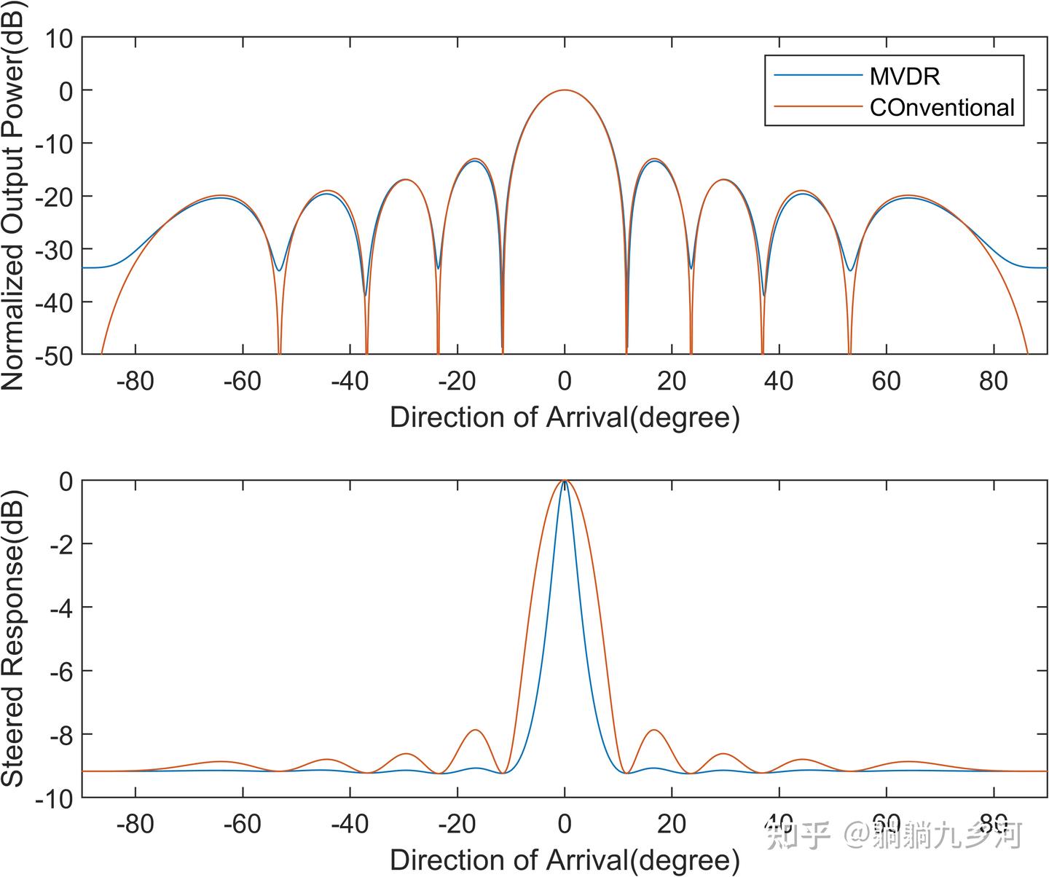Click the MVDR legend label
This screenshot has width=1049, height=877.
[904, 76]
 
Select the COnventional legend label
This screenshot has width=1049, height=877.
[941, 108]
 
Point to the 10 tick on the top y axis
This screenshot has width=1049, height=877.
[58, 38]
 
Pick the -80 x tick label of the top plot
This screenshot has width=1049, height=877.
[135, 380]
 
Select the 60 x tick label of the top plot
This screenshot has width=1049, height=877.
[886, 380]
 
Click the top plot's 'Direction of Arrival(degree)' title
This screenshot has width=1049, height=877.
[565, 417]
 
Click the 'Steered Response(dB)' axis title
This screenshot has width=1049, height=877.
[13, 638]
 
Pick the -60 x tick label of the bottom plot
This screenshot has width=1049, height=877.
[242, 824]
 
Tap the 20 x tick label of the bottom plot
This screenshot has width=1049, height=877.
[671, 824]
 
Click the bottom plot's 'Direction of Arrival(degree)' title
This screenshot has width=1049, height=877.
[565, 860]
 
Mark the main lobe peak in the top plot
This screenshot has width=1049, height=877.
[565, 90]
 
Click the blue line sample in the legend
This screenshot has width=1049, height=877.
[817, 75]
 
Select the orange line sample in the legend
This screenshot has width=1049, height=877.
[817, 107]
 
